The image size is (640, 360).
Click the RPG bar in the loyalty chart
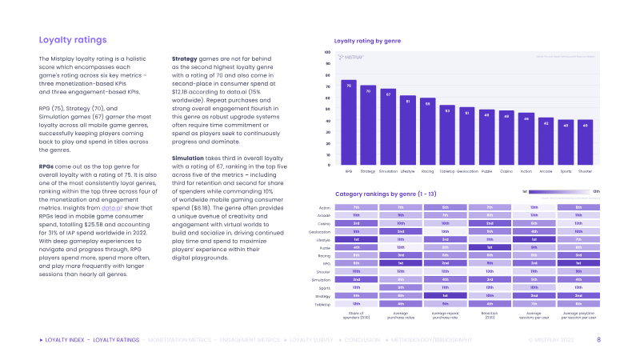[x=349, y=123]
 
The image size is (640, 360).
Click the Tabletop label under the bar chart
[x=447, y=171]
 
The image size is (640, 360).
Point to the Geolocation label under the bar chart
[x=467, y=171]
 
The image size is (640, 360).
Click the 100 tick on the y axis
[x=327, y=53]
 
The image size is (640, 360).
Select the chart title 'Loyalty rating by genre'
[x=367, y=39]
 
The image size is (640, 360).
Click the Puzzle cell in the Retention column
[x=490, y=247]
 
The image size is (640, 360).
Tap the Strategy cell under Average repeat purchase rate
[x=445, y=295]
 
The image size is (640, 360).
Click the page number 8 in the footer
[x=599, y=340]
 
